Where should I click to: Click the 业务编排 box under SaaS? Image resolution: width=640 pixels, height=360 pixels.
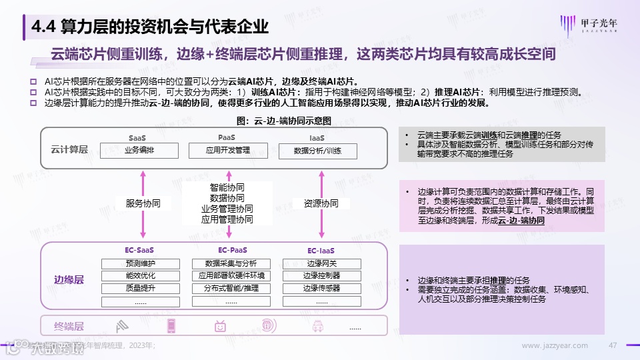click(x=139, y=151)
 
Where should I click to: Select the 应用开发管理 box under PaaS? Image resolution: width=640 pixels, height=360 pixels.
click(x=229, y=151)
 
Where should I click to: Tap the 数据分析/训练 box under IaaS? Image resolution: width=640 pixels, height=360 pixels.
click(x=317, y=151)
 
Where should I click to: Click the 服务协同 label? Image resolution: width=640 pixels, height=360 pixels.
click(x=143, y=203)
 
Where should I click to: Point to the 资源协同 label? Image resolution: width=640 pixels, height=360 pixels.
click(x=321, y=203)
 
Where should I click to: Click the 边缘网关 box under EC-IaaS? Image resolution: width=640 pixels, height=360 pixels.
click(x=321, y=263)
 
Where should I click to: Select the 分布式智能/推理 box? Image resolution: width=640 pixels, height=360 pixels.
click(x=231, y=289)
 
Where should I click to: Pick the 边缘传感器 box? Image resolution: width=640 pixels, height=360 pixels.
click(x=321, y=289)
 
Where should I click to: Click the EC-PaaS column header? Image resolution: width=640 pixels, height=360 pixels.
click(x=231, y=251)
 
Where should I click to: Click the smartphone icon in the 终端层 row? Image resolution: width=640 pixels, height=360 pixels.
click(x=171, y=326)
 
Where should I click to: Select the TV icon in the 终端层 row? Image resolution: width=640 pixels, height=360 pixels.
click(x=221, y=326)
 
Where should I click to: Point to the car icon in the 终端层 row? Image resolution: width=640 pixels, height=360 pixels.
click(x=318, y=326)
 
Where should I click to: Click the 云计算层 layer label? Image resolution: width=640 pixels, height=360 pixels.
click(x=69, y=149)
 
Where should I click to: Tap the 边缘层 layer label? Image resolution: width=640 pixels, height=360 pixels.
click(x=69, y=280)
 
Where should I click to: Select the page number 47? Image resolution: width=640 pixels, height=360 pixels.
click(x=614, y=345)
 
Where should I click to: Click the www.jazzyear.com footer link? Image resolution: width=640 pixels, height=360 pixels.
click(x=555, y=345)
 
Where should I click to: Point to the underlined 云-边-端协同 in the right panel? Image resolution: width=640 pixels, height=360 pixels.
click(x=521, y=219)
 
